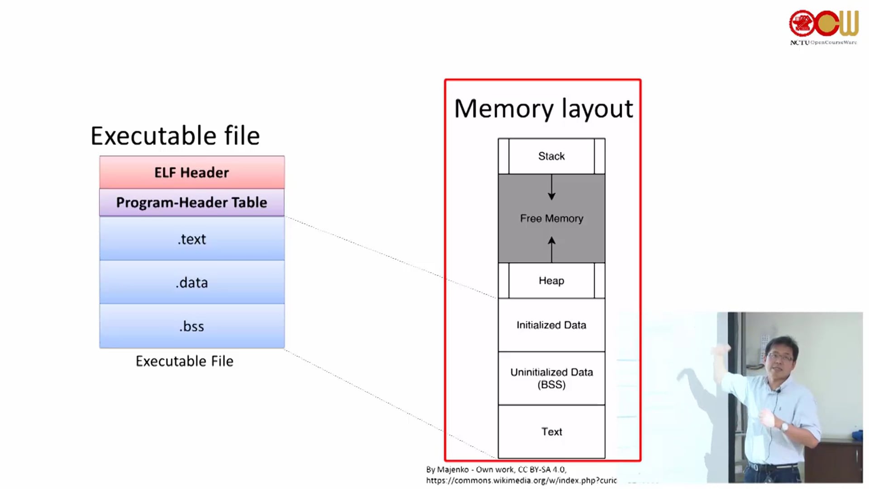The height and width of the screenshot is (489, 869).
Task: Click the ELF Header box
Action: (192, 173)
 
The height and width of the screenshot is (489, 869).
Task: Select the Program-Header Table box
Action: (192, 202)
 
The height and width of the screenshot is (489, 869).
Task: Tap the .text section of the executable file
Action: (192, 239)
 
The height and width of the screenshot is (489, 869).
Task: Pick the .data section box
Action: (192, 283)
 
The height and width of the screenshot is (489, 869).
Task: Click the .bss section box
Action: (192, 326)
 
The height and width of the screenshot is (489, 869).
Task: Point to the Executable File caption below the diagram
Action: (184, 361)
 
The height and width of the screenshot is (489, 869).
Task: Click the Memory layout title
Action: (543, 109)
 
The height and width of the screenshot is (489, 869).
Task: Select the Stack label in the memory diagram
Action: (551, 156)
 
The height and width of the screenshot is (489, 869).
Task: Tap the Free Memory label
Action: (551, 219)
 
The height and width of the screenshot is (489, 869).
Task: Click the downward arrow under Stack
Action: (551, 187)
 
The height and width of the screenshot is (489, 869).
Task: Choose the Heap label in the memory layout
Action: (551, 281)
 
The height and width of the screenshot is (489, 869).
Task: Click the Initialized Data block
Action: (551, 325)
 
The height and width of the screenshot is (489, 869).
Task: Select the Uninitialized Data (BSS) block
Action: (551, 378)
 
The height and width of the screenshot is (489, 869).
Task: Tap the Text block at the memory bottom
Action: (551, 431)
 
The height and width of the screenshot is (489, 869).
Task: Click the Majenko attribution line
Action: (496, 470)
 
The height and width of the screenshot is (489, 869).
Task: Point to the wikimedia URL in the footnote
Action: (521, 480)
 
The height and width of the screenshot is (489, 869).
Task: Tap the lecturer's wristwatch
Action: (785, 427)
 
